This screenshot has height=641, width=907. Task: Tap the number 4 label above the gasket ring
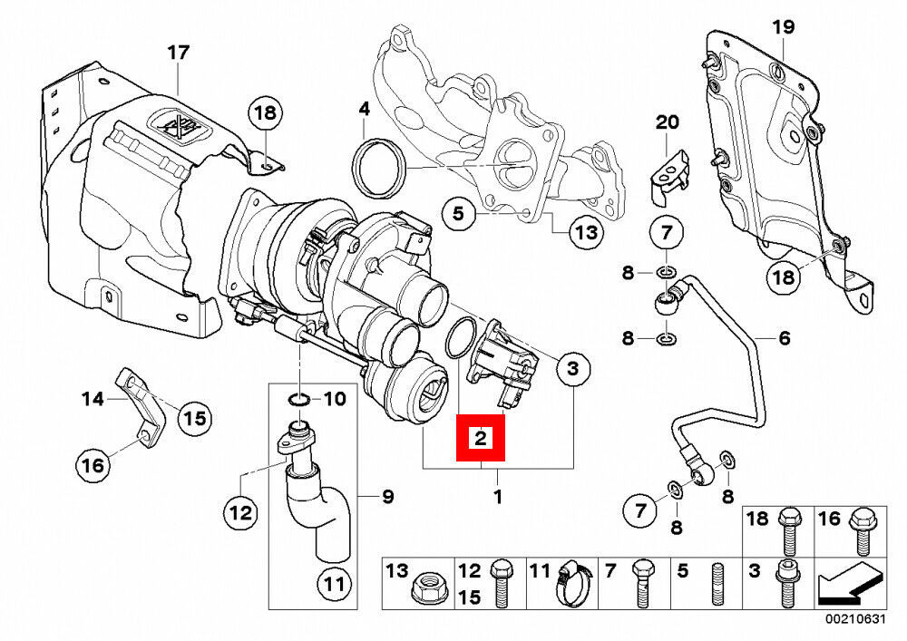[365, 110]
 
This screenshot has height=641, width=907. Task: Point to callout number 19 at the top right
[782, 26]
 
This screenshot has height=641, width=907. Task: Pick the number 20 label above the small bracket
[667, 122]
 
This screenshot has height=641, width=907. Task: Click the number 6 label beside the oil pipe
[784, 339]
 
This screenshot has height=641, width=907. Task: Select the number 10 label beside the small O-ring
[333, 398]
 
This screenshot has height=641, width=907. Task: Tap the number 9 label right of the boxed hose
[387, 496]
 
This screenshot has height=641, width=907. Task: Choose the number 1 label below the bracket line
[497, 497]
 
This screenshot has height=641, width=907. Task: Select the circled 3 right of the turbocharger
[572, 368]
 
